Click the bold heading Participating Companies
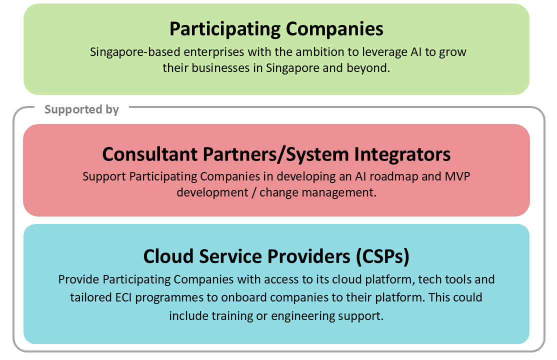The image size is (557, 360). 276,29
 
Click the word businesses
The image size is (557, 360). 220,68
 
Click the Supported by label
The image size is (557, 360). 81,109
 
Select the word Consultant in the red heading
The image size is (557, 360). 149,154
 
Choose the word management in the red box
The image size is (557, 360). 339,192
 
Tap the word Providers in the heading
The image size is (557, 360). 308,256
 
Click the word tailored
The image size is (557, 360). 90,297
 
